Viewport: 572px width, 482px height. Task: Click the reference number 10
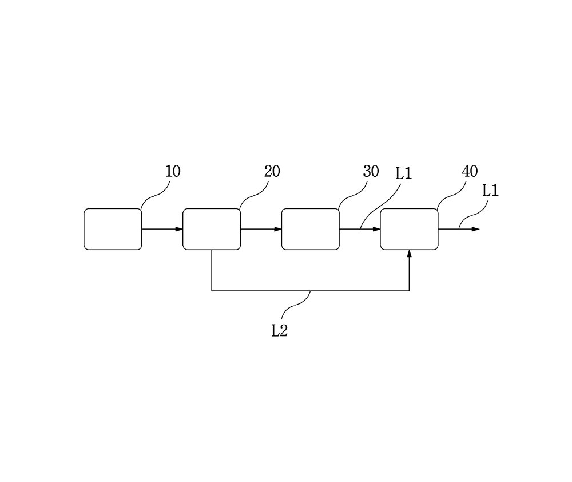[173, 171]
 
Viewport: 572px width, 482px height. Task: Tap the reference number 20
[272, 171]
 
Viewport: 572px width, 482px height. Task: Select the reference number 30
[371, 171]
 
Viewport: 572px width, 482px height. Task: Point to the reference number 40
[470, 171]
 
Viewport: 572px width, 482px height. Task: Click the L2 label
[280, 331]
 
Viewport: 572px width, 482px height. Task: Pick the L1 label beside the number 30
[404, 174]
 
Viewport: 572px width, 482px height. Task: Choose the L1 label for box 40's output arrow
[490, 191]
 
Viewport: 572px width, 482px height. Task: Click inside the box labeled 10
[113, 230]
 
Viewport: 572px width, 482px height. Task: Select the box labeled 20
[212, 230]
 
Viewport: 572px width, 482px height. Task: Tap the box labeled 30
[311, 230]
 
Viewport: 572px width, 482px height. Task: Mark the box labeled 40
[410, 230]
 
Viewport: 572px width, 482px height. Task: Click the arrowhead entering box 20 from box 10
[179, 230]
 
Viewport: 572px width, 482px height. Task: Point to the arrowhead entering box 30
[278, 230]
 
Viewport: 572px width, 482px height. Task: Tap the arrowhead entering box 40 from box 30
[377, 230]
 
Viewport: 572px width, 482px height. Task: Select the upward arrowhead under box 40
[410, 254]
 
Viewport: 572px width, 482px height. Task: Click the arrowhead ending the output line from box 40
[476, 230]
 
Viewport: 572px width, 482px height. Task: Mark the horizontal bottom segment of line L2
[311, 291]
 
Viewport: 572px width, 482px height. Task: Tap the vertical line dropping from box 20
[212, 270]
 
